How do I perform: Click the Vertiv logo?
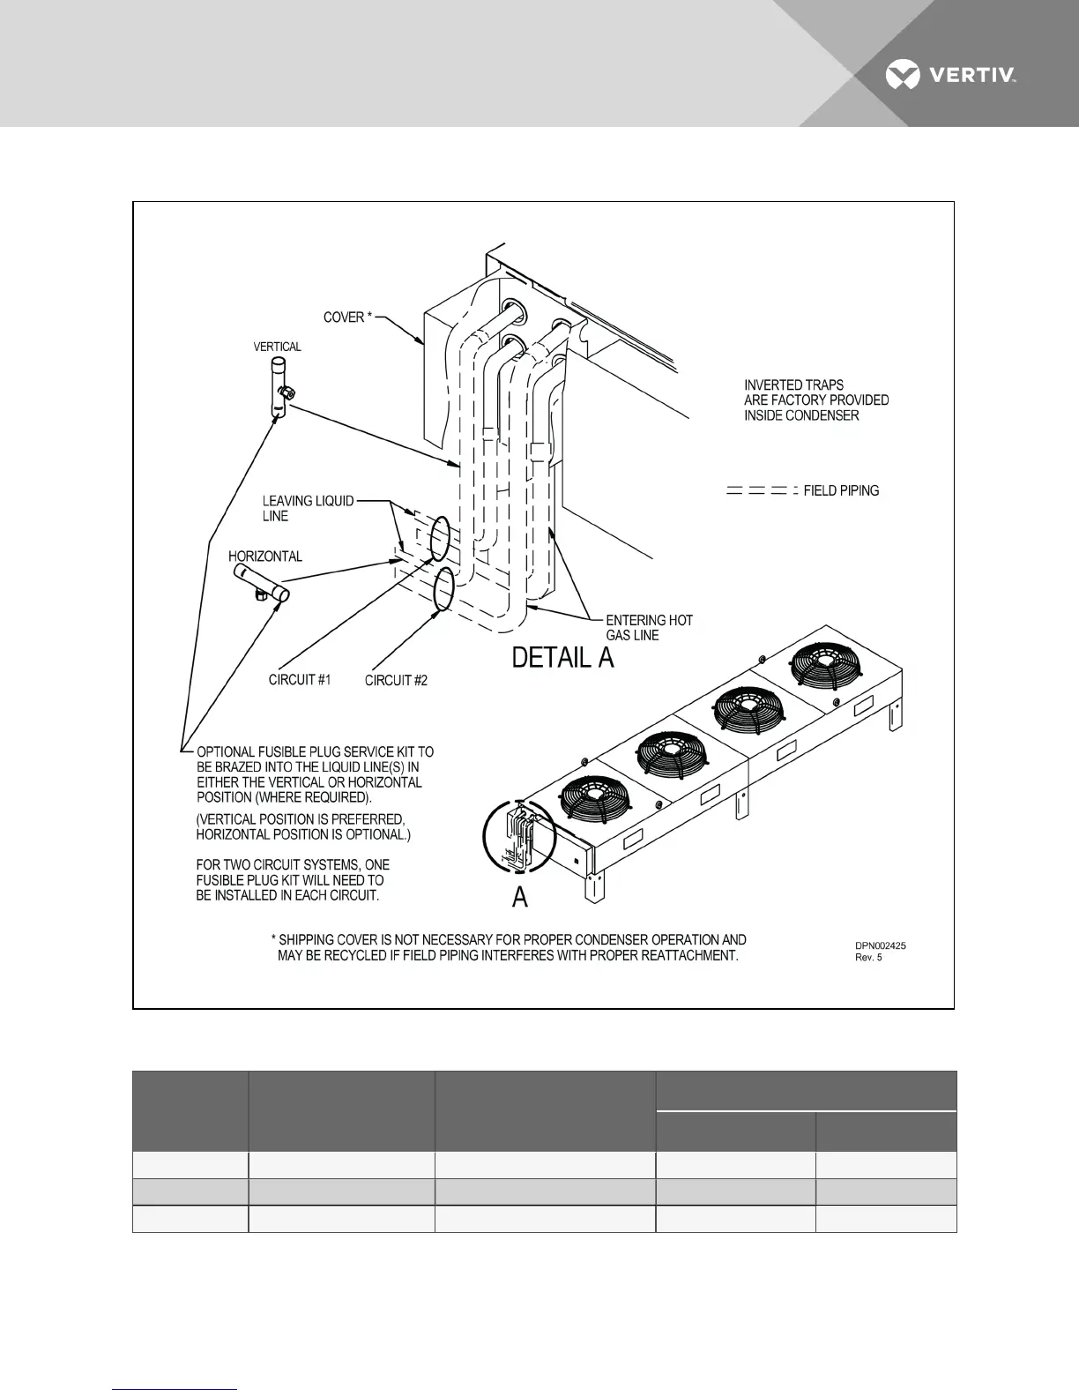[x=951, y=75]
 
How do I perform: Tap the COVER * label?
[x=348, y=317]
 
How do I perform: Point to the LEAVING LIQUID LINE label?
[x=308, y=509]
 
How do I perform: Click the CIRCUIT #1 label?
[x=300, y=680]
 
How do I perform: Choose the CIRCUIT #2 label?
[x=396, y=681]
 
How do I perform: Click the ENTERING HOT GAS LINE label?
[x=649, y=627]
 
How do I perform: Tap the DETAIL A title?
[x=563, y=658]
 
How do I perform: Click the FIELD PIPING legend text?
[x=841, y=490]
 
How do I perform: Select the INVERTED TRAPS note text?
[x=816, y=400]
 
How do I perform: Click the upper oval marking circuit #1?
[x=440, y=538]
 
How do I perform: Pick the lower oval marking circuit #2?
[x=443, y=587]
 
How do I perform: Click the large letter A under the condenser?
[x=520, y=898]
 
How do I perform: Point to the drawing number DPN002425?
[x=881, y=945]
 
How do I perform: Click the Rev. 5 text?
[x=868, y=958]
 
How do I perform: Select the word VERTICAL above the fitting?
[x=278, y=347]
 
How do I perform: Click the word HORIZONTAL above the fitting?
[x=265, y=557]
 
